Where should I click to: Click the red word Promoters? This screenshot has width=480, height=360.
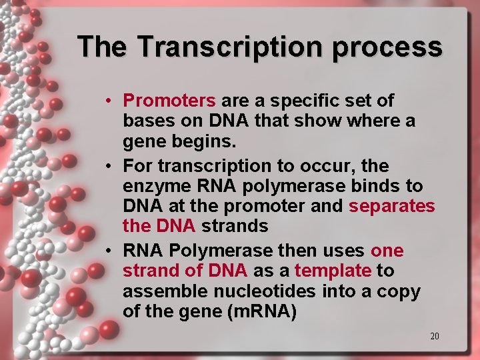tap(169, 101)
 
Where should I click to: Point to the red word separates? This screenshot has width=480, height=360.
tap(391, 206)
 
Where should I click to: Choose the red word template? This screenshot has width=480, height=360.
tap(333, 271)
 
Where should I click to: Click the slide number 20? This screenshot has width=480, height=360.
tap(434, 336)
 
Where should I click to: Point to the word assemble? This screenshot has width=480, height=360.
tap(167, 291)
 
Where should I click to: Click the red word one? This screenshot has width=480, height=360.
tap(387, 251)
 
